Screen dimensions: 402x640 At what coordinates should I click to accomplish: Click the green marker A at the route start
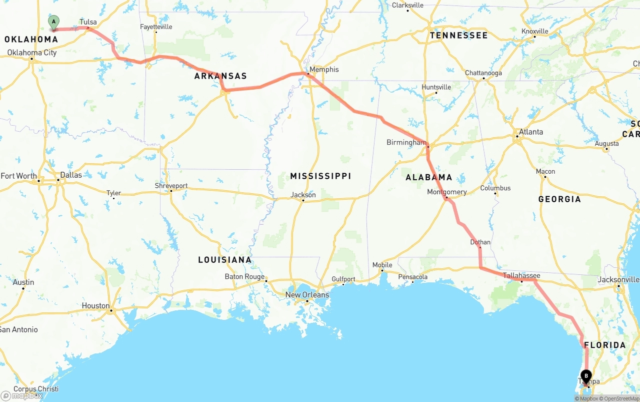(53, 22)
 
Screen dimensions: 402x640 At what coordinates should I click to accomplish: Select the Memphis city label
(324, 70)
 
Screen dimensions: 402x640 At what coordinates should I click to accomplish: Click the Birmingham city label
(406, 143)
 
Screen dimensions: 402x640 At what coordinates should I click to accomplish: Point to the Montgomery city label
(447, 192)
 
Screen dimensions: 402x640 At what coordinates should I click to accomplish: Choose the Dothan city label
(480, 242)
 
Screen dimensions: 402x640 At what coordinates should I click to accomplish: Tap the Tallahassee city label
(521, 276)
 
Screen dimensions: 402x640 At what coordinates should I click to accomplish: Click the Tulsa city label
(88, 22)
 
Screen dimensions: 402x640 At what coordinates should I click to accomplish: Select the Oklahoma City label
(32, 53)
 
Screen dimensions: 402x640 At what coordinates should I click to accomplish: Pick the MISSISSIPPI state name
(320, 176)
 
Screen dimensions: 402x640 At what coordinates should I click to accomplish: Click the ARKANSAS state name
(220, 76)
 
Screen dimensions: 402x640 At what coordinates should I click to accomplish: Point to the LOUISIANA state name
(224, 260)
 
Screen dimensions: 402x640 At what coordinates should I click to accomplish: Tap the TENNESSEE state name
(458, 36)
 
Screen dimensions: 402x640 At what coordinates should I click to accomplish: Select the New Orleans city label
(307, 295)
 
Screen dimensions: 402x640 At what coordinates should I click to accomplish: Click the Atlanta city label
(530, 132)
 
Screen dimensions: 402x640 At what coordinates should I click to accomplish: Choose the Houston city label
(95, 306)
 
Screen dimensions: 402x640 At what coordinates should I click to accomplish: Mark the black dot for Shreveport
(171, 191)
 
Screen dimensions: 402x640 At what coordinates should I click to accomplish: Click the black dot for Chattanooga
(483, 79)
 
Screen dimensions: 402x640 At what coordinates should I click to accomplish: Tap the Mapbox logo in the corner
(21, 395)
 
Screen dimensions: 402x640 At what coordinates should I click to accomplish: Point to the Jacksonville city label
(618, 280)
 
